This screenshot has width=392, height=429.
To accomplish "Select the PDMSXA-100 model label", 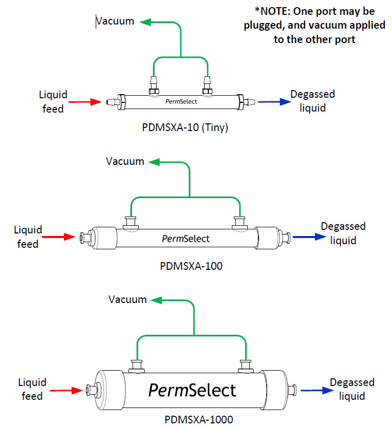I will point(191,266).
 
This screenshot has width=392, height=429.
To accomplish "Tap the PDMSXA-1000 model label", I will point(199,420).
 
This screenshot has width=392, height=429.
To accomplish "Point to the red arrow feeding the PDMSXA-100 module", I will point(58,237).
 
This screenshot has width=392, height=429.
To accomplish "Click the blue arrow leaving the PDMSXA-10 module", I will point(271,102).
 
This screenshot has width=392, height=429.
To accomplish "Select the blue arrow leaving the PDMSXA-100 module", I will point(301,237).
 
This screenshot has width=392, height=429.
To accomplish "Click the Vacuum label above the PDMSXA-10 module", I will point(115,21).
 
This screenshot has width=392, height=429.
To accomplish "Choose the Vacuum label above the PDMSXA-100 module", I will point(125,161).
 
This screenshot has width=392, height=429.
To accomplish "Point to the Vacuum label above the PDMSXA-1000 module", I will point(127,299).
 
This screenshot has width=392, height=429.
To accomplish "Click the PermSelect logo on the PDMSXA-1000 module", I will point(192,390).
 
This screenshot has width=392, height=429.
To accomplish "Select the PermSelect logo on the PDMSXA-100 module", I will point(186,238).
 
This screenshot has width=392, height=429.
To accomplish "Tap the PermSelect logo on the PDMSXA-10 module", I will point(181,101).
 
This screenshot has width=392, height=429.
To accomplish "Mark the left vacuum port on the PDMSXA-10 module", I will point(153,85).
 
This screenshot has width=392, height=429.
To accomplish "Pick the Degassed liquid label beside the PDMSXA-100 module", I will point(343,233).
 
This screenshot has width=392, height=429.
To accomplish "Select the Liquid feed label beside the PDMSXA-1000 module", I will point(32,389).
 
